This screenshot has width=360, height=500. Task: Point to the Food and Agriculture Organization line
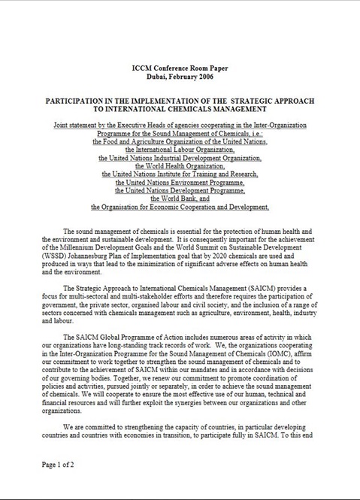pyautogui.click(x=180, y=140)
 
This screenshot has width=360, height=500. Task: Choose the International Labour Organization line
pyautogui.click(x=180, y=149)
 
